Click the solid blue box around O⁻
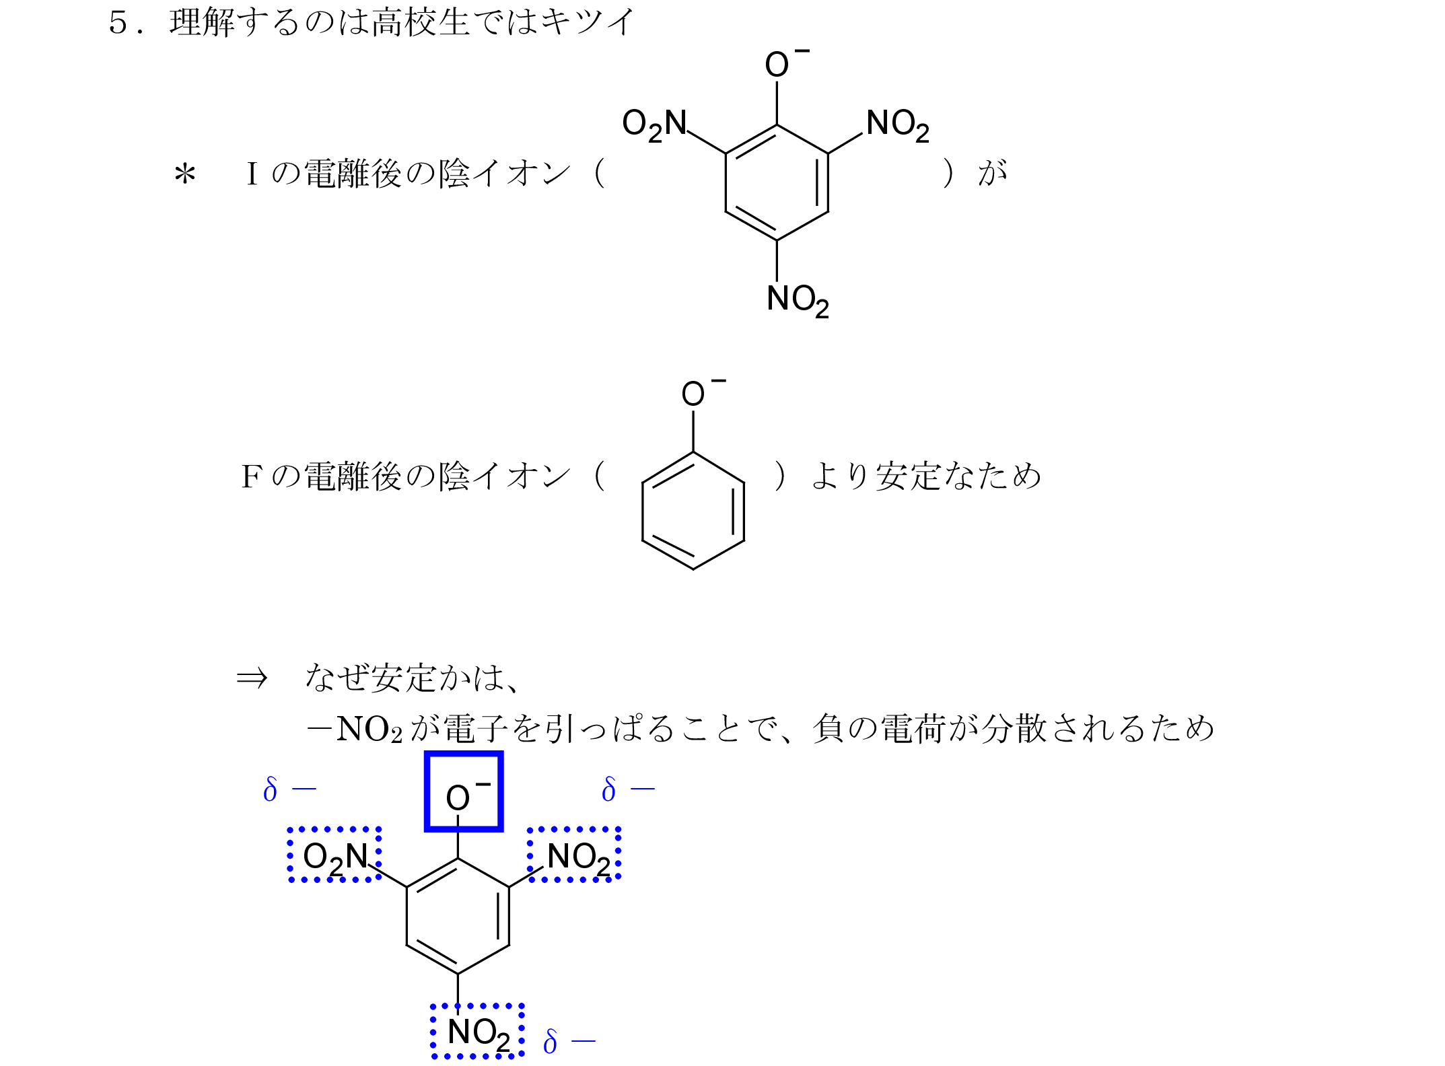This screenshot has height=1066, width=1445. [464, 791]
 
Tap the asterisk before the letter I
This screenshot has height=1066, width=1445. [184, 175]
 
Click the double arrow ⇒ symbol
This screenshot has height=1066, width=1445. [252, 678]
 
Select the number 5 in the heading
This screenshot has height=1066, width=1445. [118, 23]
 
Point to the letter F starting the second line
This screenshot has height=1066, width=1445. [251, 477]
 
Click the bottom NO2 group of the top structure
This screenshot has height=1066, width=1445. [798, 299]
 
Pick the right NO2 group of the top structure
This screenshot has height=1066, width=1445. [898, 125]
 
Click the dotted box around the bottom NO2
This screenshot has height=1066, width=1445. [477, 1031]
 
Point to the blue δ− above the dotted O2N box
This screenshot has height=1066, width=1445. [289, 789]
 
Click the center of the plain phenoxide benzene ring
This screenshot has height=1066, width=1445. [693, 511]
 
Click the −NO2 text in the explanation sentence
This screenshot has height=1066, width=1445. [355, 729]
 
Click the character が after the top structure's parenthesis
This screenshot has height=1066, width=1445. [993, 174]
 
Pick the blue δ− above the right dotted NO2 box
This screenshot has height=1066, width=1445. [628, 789]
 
